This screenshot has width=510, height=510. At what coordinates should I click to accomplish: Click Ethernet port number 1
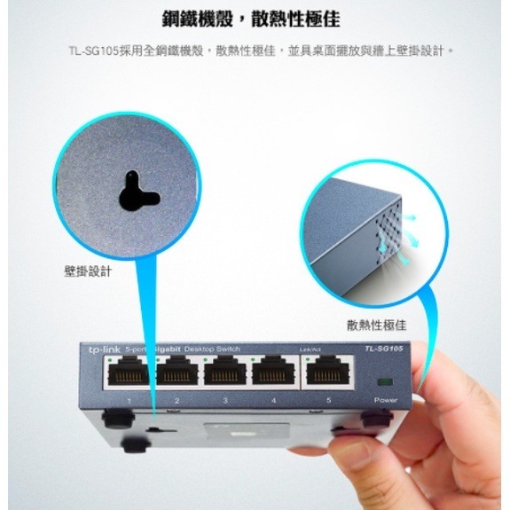coord(129,374)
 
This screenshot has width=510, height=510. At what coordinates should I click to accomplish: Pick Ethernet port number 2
coord(177,374)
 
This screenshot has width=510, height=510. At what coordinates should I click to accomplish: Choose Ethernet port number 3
coord(225,374)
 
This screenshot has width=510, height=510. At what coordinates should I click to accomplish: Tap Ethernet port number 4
coord(274,374)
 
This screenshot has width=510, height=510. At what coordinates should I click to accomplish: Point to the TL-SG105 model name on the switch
coord(382,349)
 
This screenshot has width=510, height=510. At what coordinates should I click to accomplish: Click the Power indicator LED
coord(385,382)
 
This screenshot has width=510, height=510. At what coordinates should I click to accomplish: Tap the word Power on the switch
coord(385,401)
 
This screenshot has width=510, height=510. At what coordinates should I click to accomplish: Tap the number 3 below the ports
coord(225,402)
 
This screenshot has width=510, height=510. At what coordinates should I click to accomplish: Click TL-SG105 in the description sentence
coord(92,51)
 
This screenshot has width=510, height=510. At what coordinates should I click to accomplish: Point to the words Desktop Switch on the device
coord(212,349)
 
